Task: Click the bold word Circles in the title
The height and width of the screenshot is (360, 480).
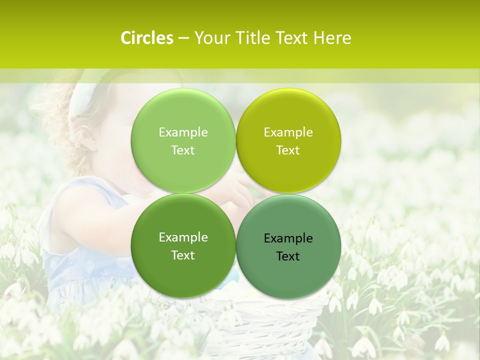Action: pos(146,38)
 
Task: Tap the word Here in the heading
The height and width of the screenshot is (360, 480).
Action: pos(332,38)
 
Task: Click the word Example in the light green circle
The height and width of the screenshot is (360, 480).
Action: pos(183,132)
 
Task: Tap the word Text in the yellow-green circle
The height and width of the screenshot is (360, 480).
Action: pos(288,150)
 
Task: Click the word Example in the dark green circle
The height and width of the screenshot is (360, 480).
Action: pos(183,237)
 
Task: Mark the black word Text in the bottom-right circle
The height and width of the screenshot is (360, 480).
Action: pos(288,256)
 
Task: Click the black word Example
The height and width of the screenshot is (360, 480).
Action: pos(288,238)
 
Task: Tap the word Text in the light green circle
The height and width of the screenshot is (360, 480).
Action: pos(183,150)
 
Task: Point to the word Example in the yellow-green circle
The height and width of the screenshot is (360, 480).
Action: pos(288,132)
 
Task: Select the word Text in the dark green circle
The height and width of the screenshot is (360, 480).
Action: pos(183,255)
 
